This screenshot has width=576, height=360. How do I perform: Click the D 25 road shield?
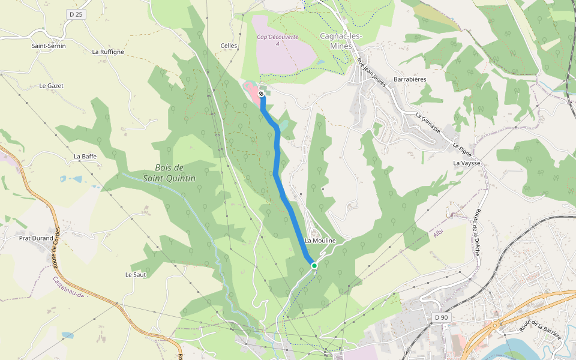(x=75, y=14)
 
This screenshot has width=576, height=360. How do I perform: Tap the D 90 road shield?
(x=441, y=317)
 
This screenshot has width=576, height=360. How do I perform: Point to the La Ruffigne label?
(x=108, y=52)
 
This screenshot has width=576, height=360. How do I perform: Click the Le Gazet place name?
(x=51, y=86)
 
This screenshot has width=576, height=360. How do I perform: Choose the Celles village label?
(x=229, y=46)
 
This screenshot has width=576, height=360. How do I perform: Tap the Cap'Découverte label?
(x=278, y=37)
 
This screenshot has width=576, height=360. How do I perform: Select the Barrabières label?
(x=410, y=79)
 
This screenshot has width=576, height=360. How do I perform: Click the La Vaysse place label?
(x=467, y=163)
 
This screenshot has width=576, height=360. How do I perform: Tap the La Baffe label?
(x=85, y=156)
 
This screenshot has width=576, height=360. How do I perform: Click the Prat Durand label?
(x=36, y=238)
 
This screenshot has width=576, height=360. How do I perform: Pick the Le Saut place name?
(x=136, y=274)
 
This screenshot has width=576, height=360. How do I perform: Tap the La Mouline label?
(x=320, y=241)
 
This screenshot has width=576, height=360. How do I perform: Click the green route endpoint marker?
(x=314, y=265)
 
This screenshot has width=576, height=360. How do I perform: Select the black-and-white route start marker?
(x=261, y=94)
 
